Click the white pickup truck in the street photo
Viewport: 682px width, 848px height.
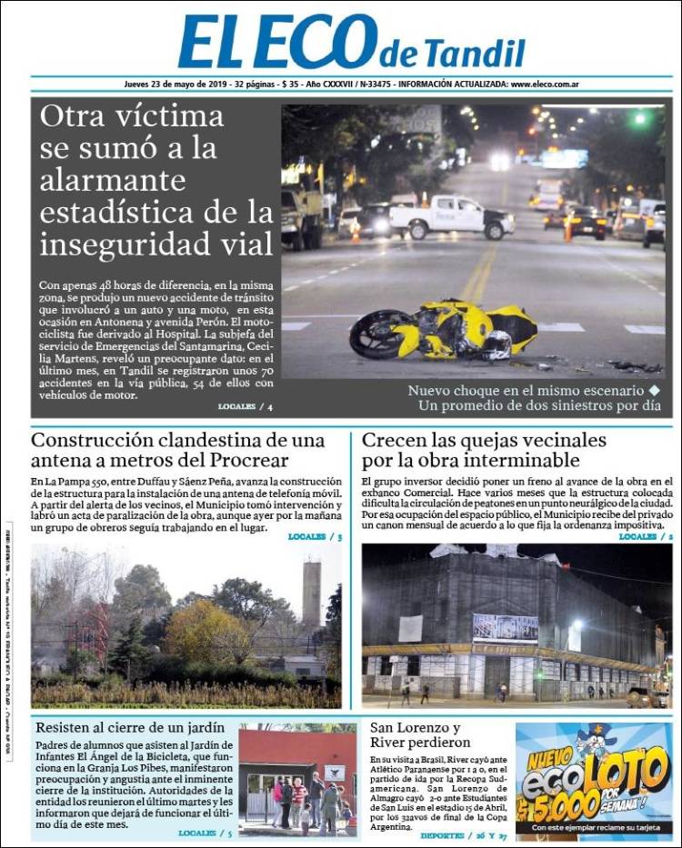pos(452,215)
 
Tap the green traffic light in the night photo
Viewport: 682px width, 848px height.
pos(640,118)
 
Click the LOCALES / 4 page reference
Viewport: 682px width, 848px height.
pos(245,405)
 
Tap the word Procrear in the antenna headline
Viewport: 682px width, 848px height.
pos(239,461)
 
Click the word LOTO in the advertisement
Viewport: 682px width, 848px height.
pos(622,774)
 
